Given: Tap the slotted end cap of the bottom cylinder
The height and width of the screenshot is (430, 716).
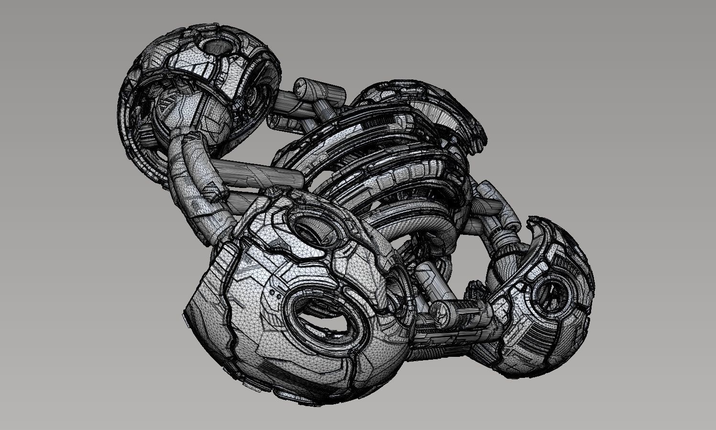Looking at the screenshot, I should pyautogui.click(x=439, y=311).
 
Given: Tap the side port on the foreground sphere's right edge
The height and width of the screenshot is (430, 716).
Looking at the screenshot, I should pyautogui.click(x=397, y=287).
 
